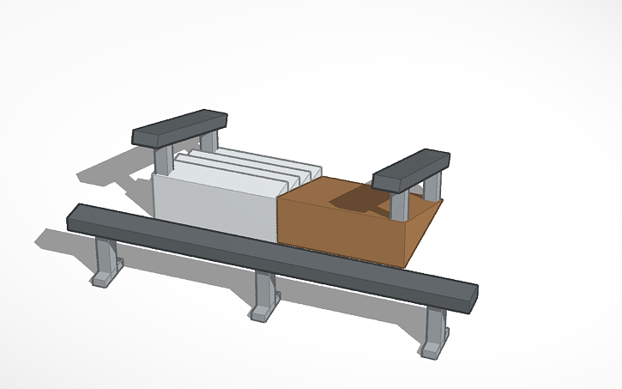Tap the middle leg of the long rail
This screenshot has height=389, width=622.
click(264, 290)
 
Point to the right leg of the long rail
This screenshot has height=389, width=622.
click(436, 323)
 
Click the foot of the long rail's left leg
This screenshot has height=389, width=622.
click(100, 278)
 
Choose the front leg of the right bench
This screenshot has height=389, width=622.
click(399, 204)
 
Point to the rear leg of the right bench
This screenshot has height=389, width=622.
click(436, 185)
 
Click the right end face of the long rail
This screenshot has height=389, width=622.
click(473, 296)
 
